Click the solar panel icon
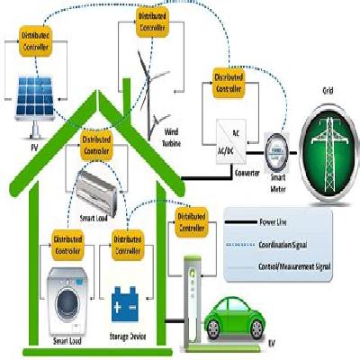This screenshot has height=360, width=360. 35,97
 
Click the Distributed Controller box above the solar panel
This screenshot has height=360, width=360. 36,40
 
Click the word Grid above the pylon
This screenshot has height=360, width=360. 328,91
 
